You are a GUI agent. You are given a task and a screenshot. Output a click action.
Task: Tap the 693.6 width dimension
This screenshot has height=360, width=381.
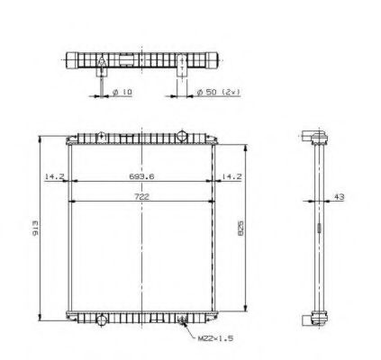tap(142, 176)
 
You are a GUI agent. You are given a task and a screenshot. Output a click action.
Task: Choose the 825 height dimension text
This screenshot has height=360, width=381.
tap(240, 229)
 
